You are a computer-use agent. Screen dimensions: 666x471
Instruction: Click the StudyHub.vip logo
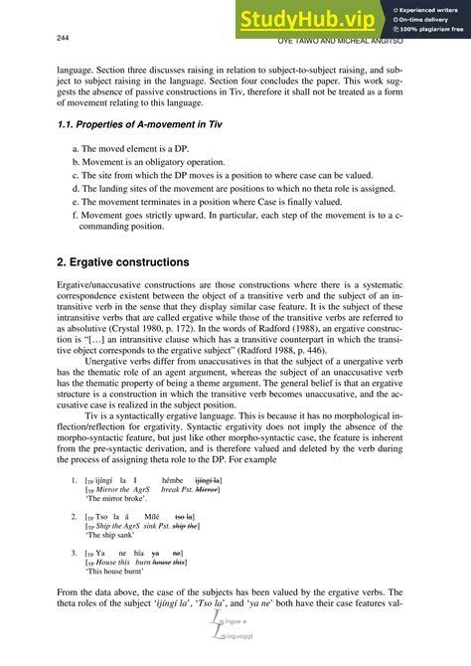309,19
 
